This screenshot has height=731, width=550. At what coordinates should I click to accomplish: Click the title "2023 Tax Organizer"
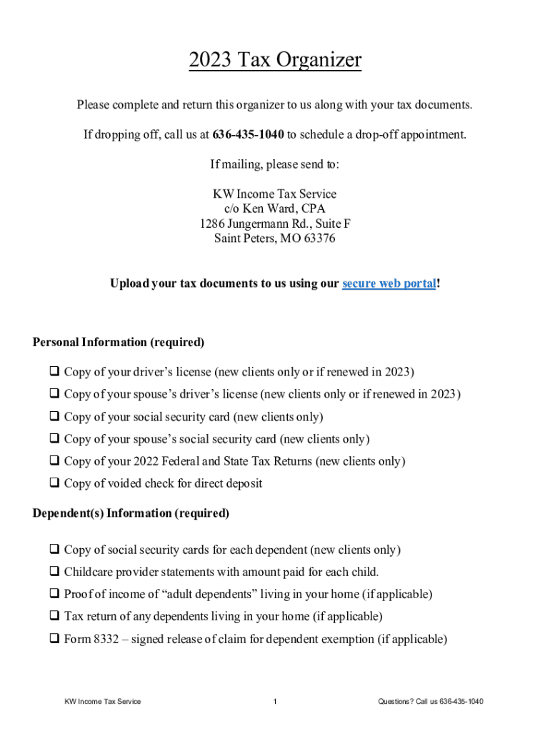(275, 61)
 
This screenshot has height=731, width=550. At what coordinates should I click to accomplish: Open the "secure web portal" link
(389, 283)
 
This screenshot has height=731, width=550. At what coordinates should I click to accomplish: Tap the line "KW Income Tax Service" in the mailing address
(275, 193)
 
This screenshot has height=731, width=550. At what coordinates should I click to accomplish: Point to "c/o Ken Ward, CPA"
(275, 208)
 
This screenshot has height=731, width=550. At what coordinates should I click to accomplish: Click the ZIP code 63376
(319, 238)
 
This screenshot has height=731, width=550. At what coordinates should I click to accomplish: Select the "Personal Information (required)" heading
(119, 342)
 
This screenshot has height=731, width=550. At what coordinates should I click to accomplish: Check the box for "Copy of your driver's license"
(54, 372)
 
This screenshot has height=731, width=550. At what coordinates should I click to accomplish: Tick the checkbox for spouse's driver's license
(54, 394)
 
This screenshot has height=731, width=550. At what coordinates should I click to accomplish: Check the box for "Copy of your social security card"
(54, 416)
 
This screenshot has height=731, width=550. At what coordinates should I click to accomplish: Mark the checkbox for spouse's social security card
(54, 439)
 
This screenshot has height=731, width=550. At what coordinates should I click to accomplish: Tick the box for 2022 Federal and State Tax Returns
(54, 461)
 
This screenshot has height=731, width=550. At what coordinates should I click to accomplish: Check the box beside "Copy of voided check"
(54, 483)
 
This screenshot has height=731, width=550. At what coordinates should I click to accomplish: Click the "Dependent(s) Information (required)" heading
(131, 513)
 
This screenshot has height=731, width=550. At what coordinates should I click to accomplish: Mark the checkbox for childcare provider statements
(54, 572)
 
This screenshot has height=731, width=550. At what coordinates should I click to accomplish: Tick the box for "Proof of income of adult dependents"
(54, 594)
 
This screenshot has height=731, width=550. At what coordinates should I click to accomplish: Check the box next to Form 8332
(54, 639)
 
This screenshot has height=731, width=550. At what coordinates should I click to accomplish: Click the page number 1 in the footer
(275, 701)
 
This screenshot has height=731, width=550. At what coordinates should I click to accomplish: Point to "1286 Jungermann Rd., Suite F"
(275, 223)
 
